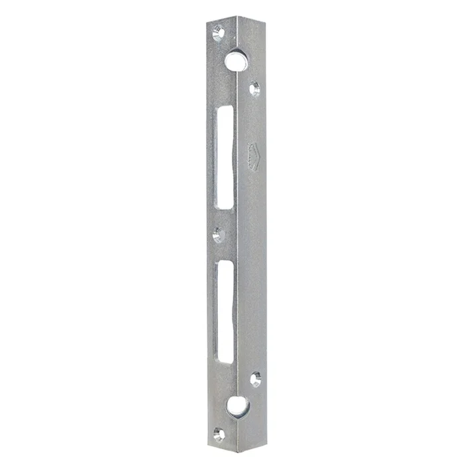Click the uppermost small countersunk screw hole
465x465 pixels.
pos(218,31)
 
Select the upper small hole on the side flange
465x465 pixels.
pos(254,88)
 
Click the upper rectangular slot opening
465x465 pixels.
pos(225,157)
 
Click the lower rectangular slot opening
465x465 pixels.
pos(226,311)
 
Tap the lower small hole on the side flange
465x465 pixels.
pos(255,379)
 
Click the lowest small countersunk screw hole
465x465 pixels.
pos(219,434)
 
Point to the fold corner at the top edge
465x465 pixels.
pos(237,17)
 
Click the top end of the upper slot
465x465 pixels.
pos(225,107)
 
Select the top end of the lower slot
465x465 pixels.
pos(226,262)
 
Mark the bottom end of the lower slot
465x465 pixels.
pos(226,362)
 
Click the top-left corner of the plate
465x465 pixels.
pos(207,20)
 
